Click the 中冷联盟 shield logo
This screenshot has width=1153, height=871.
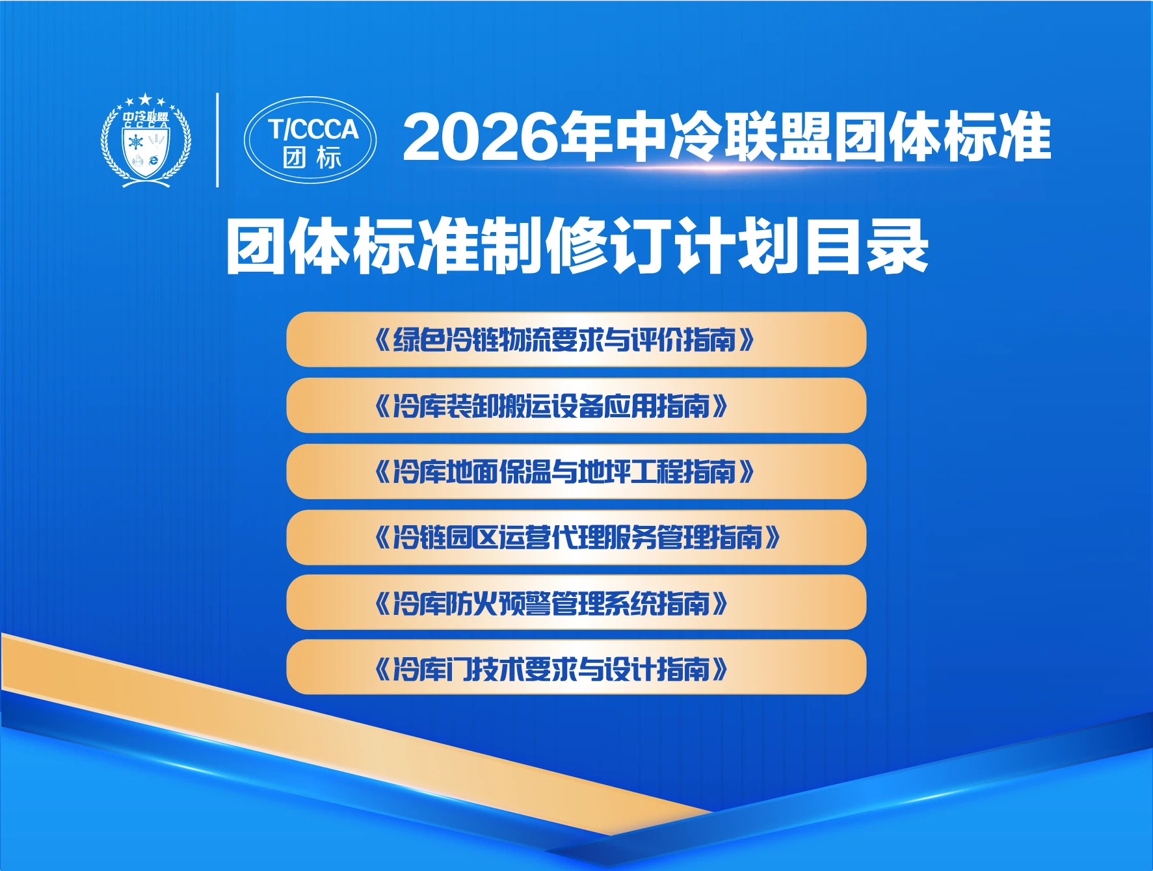pos(146,142)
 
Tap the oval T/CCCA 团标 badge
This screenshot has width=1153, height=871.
pos(310,140)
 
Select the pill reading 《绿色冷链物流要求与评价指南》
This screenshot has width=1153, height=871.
pos(576,339)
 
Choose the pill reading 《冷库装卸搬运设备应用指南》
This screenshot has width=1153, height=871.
pos(576,406)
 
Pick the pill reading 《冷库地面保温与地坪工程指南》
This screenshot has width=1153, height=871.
pos(576,472)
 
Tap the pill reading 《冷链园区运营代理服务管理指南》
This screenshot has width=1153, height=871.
pos(576,538)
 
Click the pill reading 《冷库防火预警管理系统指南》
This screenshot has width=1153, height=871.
pos(576,603)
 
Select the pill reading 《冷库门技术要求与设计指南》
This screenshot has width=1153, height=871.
pos(576,668)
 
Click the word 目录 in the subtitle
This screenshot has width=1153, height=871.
pos(867,246)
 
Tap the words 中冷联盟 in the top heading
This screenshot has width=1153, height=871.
pos(723,137)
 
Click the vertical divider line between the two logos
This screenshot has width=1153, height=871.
pos(217,140)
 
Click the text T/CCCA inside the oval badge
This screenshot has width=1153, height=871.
pos(313,129)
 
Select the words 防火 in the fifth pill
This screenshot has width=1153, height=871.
pos(472,603)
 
